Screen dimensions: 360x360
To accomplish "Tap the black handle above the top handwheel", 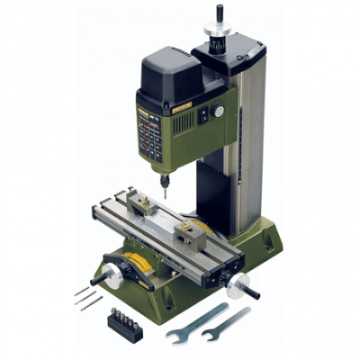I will (x=220, y=13).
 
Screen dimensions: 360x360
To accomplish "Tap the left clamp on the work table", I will (x=139, y=205).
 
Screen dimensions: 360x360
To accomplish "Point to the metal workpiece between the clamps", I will (x=166, y=220).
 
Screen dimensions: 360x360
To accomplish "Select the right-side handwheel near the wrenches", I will (x=238, y=285).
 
